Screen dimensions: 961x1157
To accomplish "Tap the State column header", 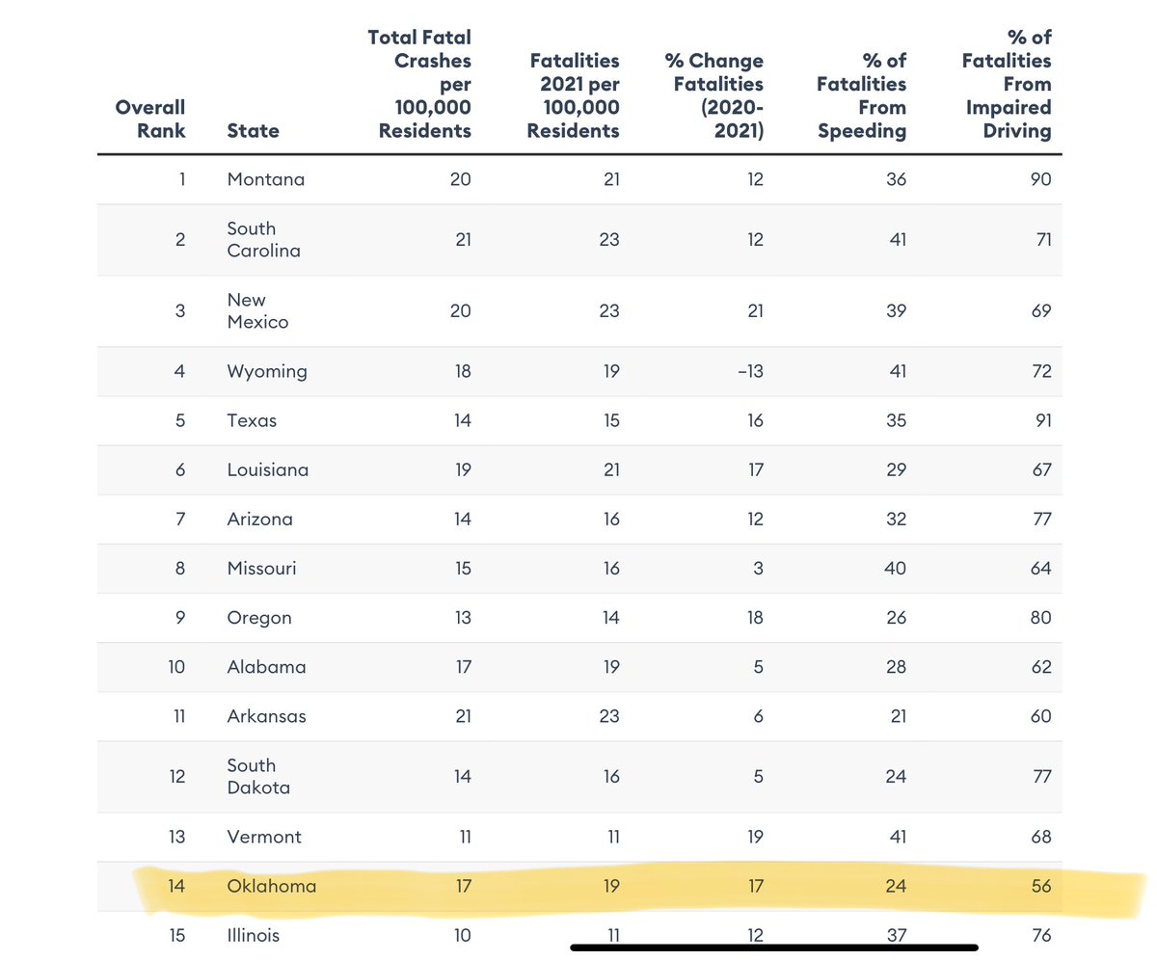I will [x=253, y=130].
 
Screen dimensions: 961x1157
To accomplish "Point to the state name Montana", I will [x=265, y=179].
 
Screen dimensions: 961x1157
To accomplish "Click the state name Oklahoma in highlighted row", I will [x=271, y=886].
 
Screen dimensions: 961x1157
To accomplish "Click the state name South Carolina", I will [x=263, y=240].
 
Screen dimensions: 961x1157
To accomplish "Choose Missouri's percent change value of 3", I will [x=757, y=569].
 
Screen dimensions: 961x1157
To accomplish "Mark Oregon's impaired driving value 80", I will [x=1039, y=618].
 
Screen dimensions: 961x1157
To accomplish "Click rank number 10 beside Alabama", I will [x=175, y=667].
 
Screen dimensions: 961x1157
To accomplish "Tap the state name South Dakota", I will [x=257, y=776].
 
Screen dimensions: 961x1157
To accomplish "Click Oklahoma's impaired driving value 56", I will [x=1039, y=886].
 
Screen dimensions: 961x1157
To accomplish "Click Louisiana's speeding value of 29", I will [x=896, y=470].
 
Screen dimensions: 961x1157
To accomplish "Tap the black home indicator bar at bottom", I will [x=774, y=948].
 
